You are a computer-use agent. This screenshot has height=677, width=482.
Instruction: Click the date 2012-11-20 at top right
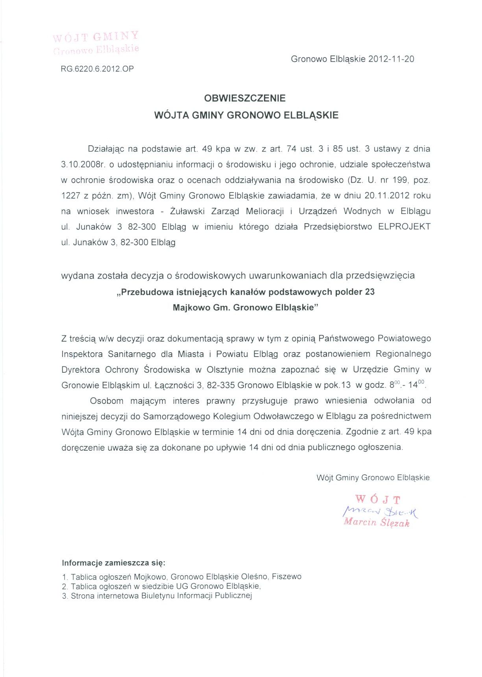391,59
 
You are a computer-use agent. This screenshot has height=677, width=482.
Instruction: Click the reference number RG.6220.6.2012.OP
97,69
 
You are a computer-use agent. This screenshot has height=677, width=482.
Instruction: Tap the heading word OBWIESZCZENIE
245,98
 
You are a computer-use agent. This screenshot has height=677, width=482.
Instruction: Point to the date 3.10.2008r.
82,165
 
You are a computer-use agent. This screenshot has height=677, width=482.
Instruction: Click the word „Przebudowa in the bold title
144,292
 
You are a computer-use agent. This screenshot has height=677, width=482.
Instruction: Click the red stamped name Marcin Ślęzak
376,523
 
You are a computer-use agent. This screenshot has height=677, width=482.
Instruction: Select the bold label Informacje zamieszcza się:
113,563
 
